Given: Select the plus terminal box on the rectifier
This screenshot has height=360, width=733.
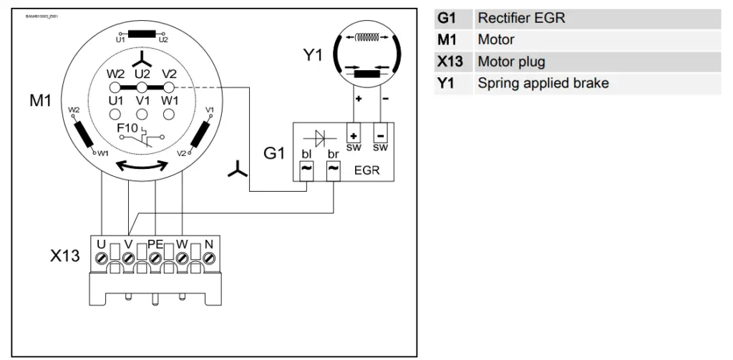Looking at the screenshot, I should pos(353,136).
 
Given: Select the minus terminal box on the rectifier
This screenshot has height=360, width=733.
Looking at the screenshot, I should pos(380,136).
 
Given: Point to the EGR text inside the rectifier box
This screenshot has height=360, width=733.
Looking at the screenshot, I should pos(366,172).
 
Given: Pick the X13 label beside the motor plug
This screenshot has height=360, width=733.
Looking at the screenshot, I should pos(64,256).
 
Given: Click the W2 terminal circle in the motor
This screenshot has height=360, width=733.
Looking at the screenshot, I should pos(115,87).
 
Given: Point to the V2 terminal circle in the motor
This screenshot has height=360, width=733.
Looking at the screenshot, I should pos(170,87).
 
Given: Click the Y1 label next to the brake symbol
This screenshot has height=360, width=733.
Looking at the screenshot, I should pos(312,56).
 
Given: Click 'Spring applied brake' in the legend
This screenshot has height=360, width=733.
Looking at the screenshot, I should pos(543,83).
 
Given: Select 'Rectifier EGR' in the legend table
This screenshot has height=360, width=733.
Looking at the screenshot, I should pos(520,18).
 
